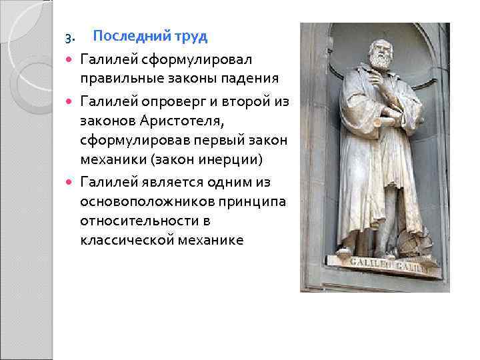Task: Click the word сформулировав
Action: (131, 140)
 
